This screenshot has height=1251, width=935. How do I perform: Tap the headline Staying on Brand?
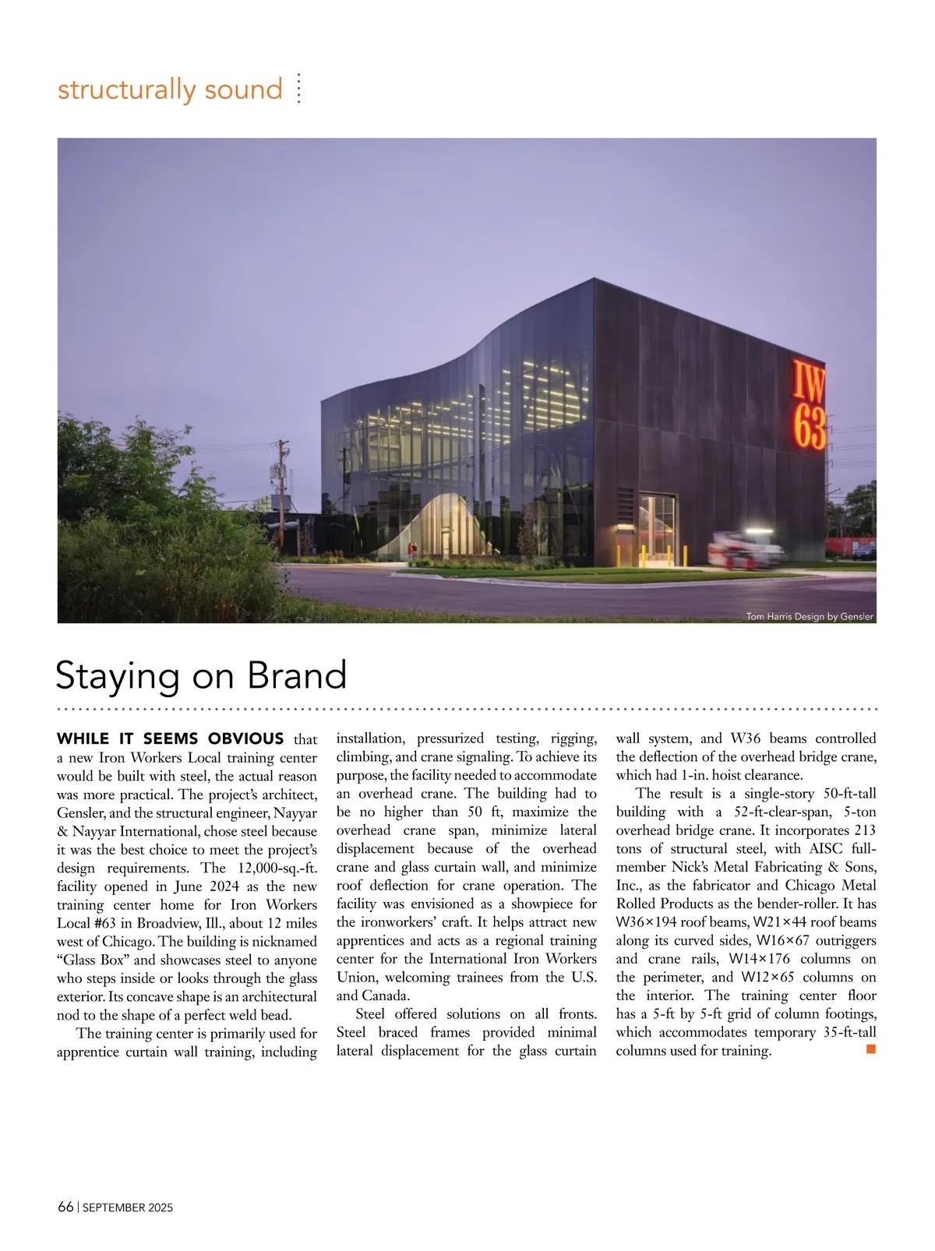201,675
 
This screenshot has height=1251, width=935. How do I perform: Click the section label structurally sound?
170,89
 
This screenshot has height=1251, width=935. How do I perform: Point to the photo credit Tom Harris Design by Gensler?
810,617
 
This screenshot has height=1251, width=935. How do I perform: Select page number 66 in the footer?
65,1207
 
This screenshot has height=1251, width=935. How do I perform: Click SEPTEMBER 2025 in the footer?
128,1208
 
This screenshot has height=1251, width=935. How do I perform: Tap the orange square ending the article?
871,1049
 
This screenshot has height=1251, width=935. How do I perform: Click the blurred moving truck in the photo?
744,550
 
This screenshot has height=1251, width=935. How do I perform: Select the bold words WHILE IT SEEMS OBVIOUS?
171,738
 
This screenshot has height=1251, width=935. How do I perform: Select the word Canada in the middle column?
386,996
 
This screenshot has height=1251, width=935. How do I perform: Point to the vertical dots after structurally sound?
298,89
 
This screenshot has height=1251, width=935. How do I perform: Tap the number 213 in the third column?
863,830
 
